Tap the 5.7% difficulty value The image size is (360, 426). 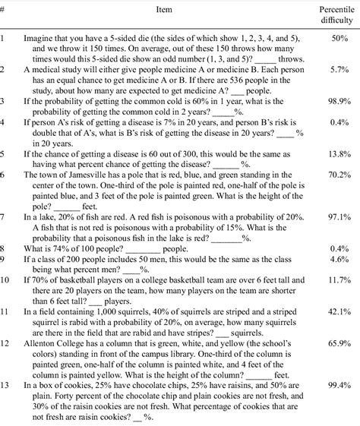tap(339, 68)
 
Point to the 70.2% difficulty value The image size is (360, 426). tap(338, 174)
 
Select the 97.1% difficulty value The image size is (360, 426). tap(338, 216)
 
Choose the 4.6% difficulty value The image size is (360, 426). tap(339, 258)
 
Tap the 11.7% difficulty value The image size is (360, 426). tap(338, 280)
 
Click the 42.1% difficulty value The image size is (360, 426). tap(338, 311)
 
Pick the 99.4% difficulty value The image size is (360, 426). tap(338, 386)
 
